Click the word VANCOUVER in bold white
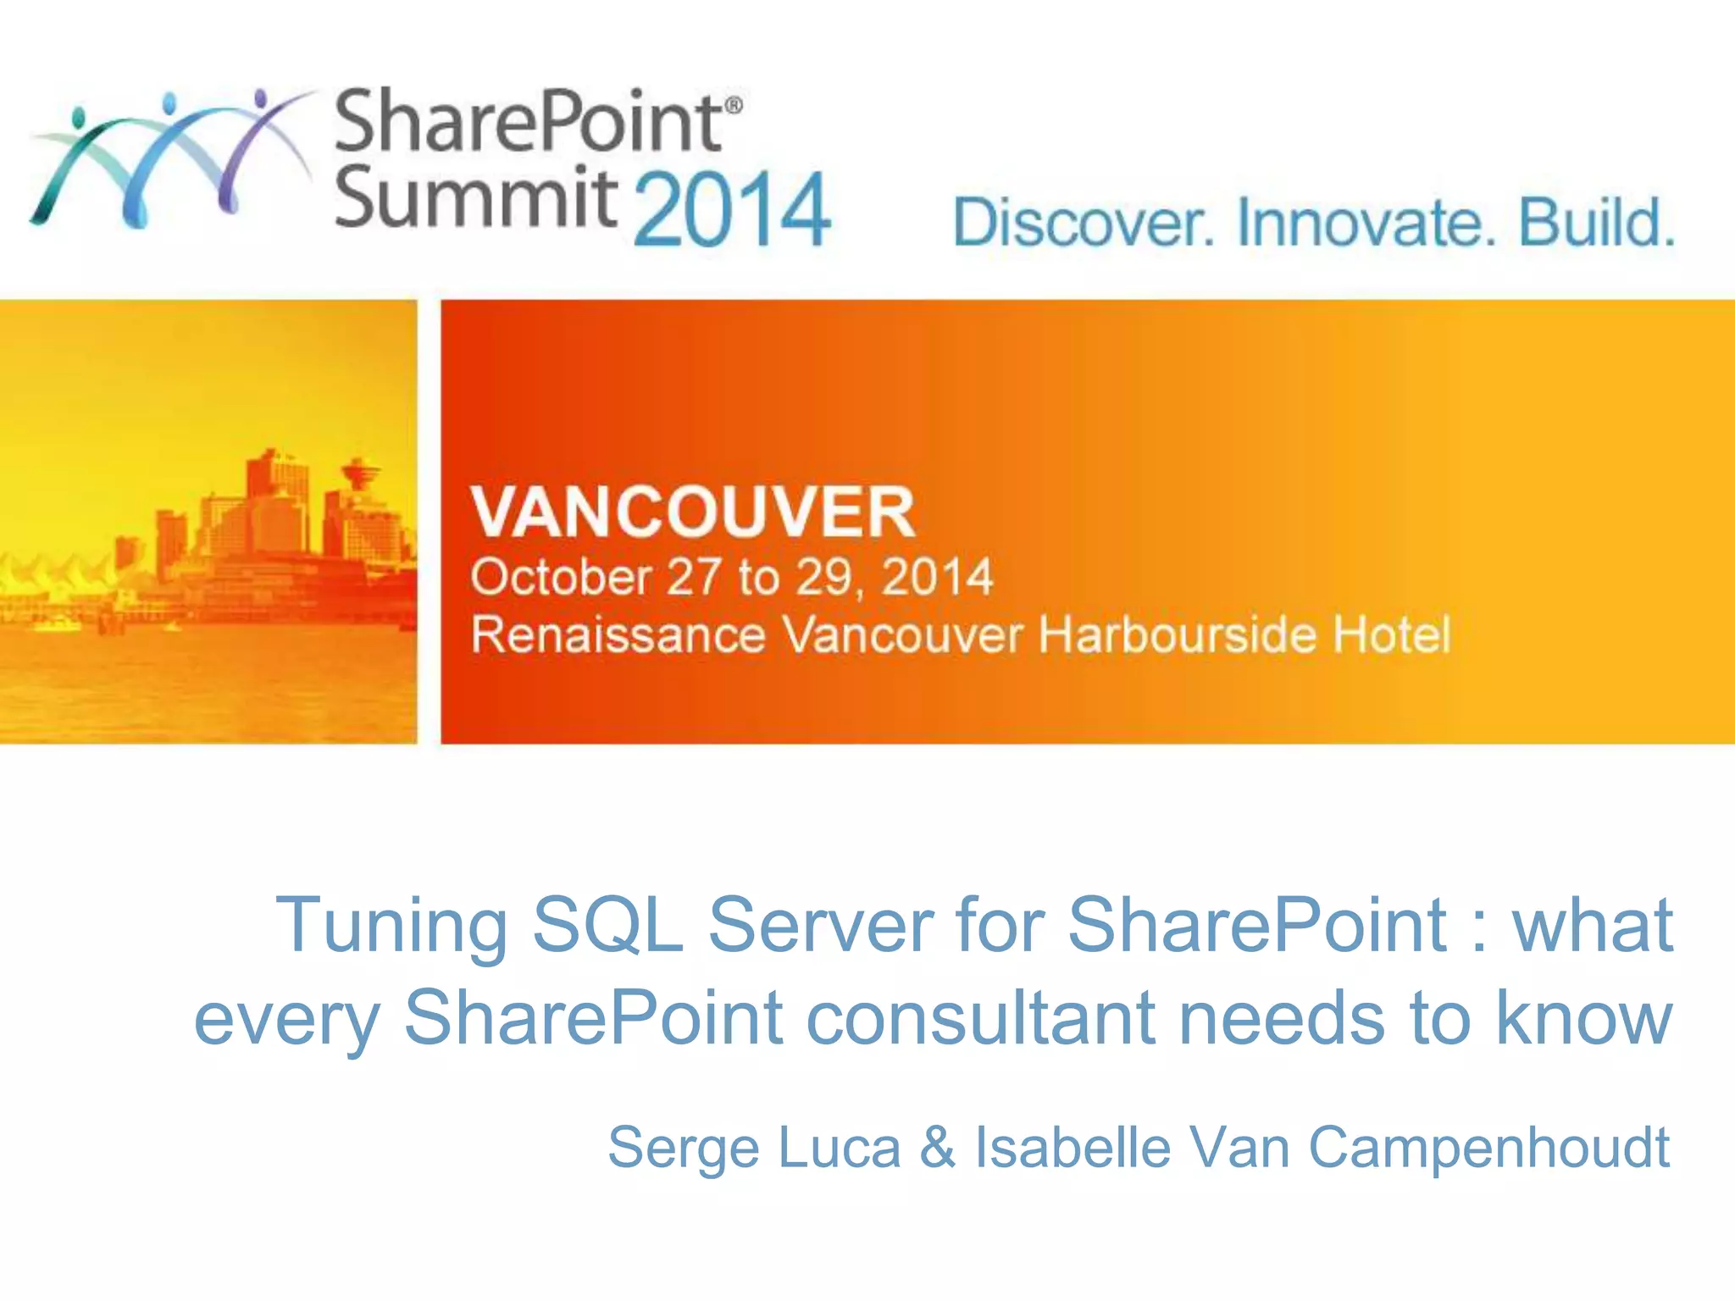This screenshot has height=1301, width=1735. point(693,512)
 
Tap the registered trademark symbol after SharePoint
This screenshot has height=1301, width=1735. point(734,105)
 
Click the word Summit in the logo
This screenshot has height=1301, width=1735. point(474,197)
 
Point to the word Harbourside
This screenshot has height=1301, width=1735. point(1178,635)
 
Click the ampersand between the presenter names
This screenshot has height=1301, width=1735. point(938,1149)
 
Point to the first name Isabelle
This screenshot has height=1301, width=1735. point(1073,1149)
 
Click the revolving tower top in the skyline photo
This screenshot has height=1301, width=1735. point(361,471)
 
